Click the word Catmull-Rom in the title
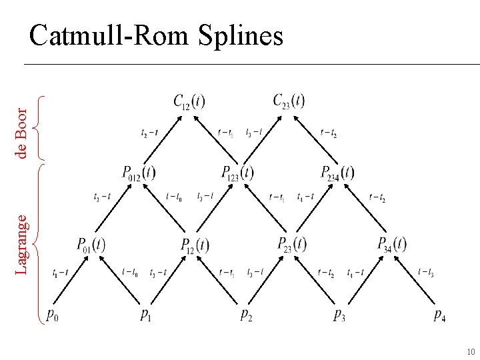tap(109, 36)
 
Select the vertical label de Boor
tap(23, 133)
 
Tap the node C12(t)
tap(189, 101)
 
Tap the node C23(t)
tap(289, 101)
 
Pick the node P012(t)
tap(139, 173)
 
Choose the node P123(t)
tap(238, 173)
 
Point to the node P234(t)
tap(338, 173)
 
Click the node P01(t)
tap(91, 245)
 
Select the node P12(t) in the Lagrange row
tap(195, 245)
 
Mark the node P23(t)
tap(292, 244)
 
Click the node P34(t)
tap(392, 244)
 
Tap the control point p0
tap(52, 315)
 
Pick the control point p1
tap(146, 315)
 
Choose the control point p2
tap(246, 315)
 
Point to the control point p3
tap(339, 315)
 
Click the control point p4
tap(439, 315)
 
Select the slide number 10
tap(470, 351)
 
